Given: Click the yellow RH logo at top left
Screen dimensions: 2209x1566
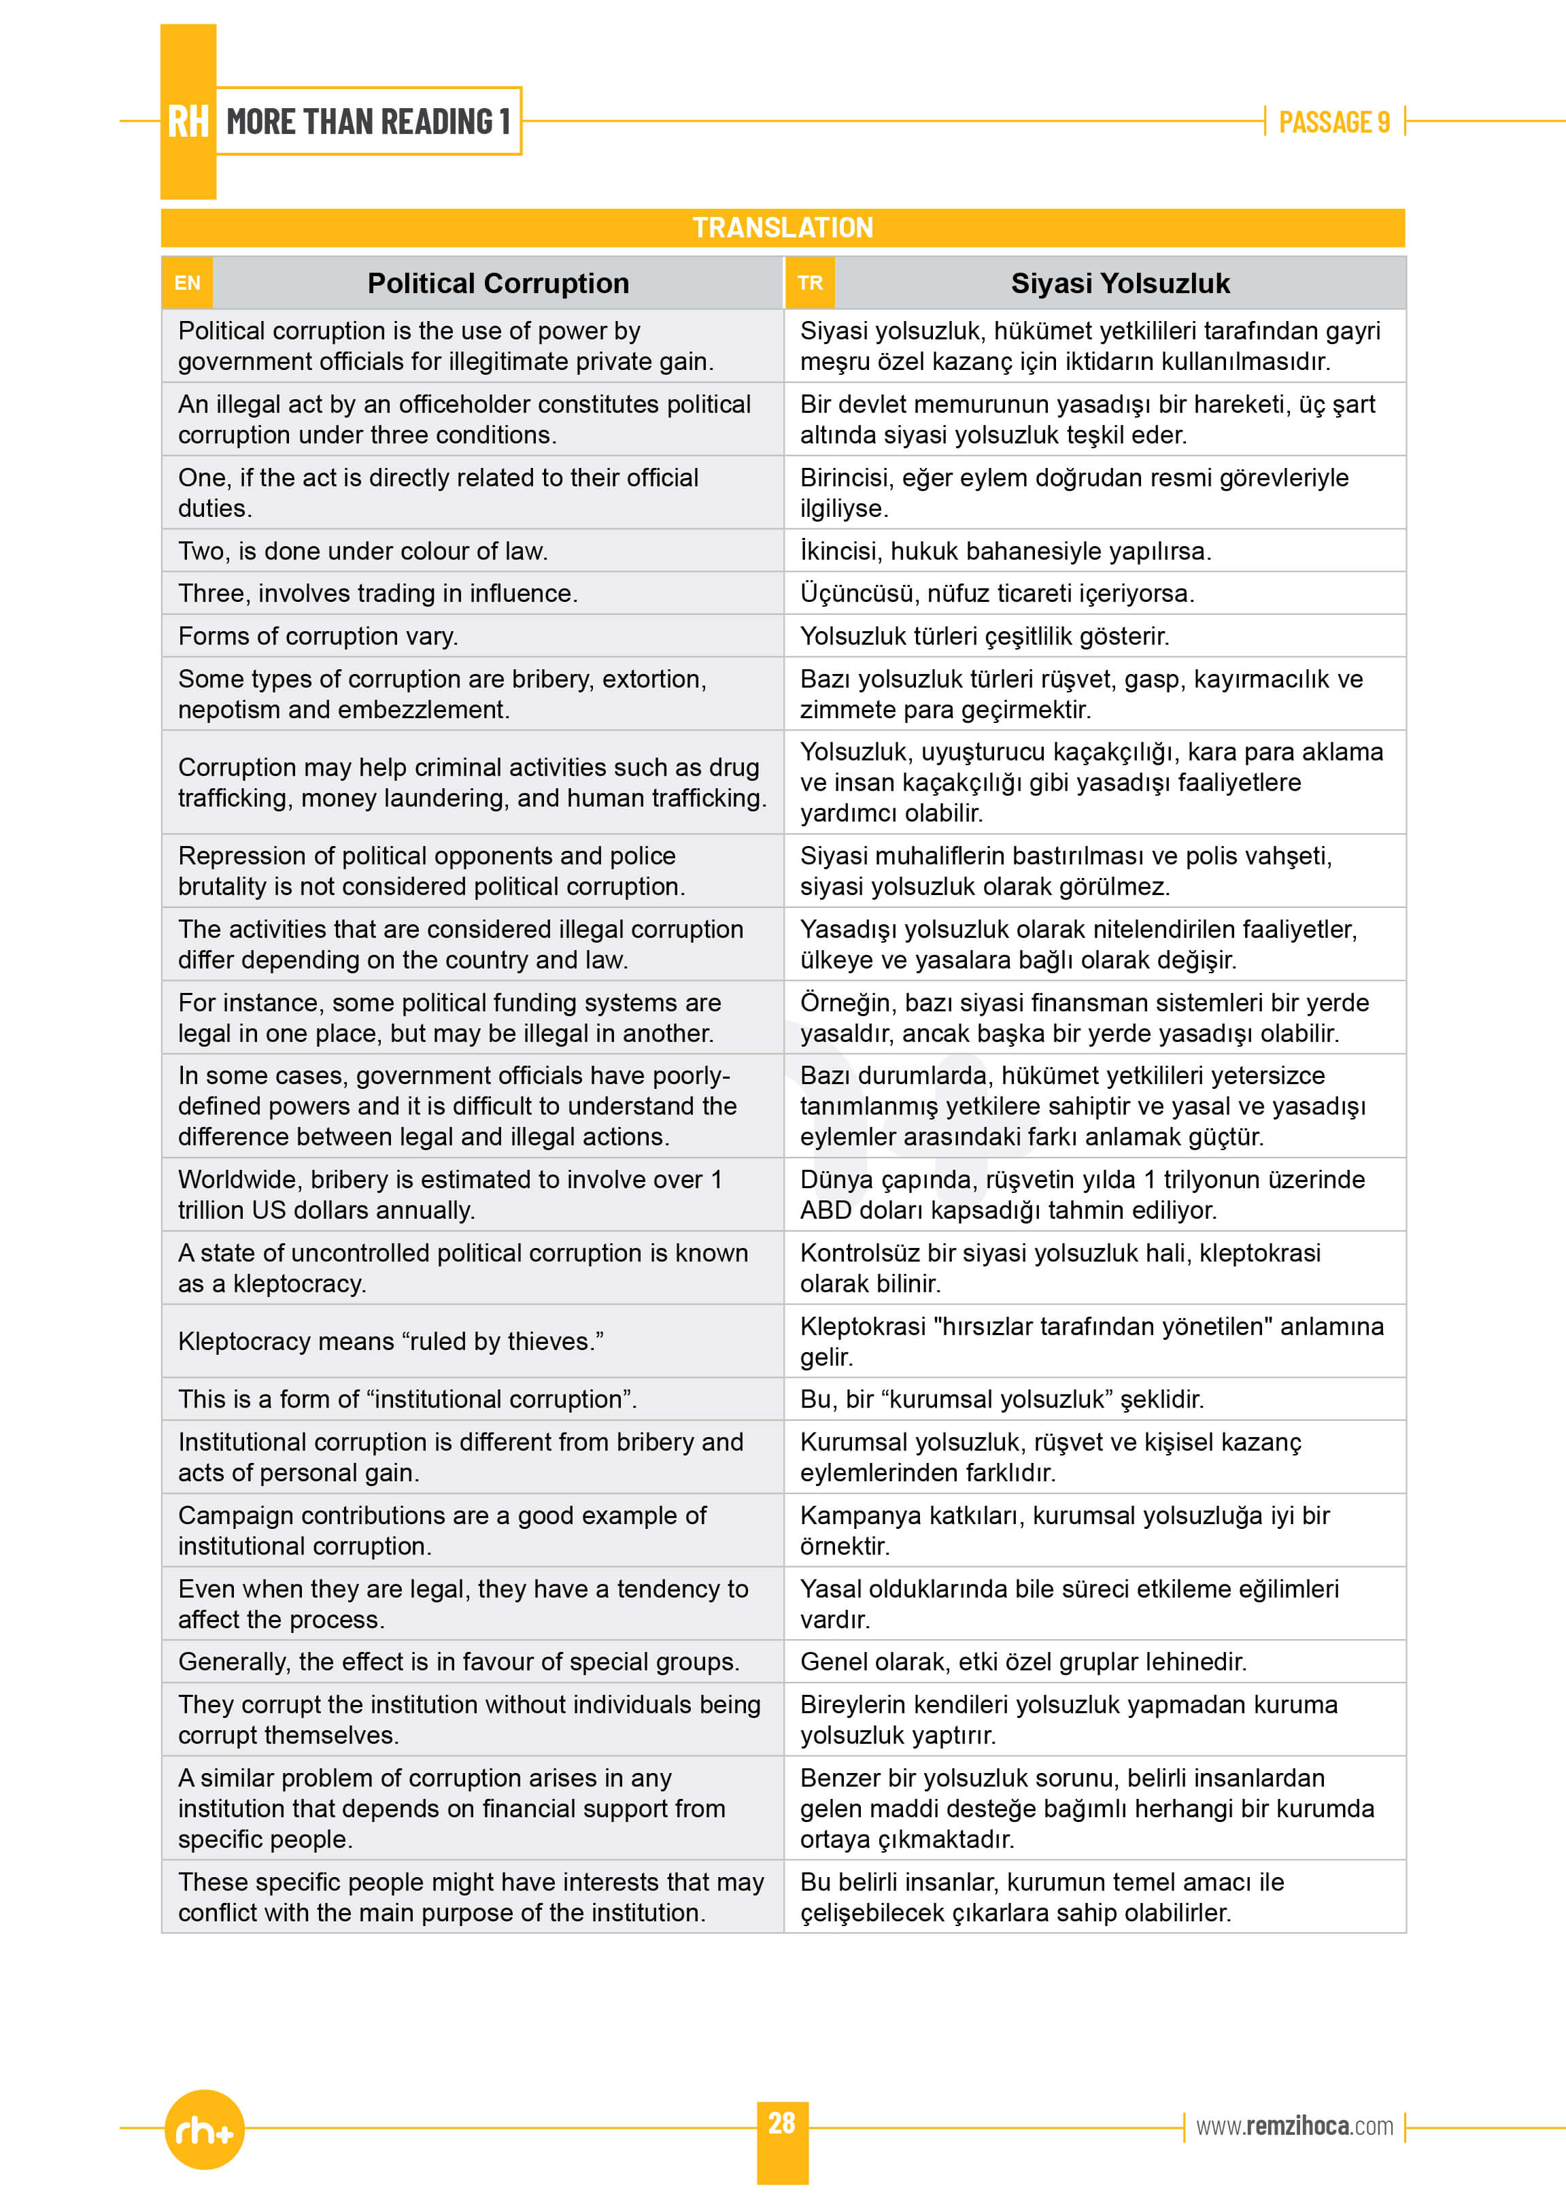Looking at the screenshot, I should (188, 122).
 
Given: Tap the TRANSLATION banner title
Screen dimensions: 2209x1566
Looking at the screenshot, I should (782, 228).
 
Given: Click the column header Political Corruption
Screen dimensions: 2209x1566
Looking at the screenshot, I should (498, 284).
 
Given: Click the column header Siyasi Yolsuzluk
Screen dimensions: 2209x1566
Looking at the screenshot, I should (1119, 284).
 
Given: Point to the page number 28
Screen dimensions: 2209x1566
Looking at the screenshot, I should (781, 2123).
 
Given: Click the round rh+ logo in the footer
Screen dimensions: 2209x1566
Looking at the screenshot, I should (205, 2130).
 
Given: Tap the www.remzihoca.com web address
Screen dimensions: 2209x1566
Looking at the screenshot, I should (1294, 2126).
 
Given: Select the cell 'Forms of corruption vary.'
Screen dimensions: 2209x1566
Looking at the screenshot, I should (318, 637).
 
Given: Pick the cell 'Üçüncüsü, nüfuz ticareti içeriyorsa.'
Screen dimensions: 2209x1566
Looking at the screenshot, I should (997, 594).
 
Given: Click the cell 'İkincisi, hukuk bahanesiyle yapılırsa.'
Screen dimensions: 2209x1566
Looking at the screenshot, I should (1006, 552).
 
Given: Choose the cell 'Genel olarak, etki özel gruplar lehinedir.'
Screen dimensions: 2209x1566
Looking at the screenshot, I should (1023, 1662).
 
